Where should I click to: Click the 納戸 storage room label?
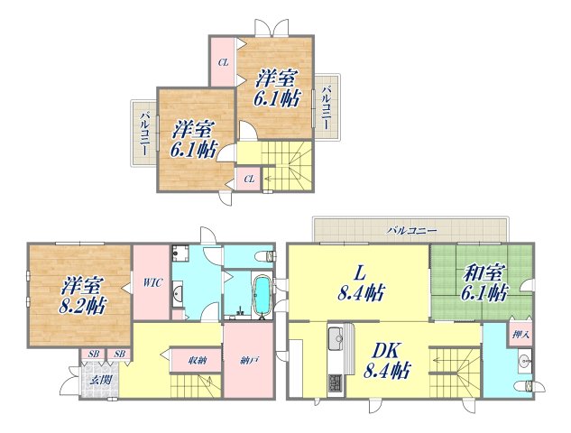pos(249,361)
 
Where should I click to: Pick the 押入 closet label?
pos(520,334)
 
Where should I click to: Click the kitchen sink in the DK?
pos(336,338)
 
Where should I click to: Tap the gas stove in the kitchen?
pos(336,383)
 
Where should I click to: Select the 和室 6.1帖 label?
pos(484,282)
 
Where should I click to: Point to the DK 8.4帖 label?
pos(387,361)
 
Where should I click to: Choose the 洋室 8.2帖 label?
pos(82,295)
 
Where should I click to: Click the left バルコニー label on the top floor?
pos(145,134)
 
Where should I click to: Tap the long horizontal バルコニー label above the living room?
pos(411,230)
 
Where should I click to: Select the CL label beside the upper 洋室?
pos(223,62)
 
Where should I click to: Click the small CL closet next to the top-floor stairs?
pos(249,180)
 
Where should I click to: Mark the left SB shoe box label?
pos(94,354)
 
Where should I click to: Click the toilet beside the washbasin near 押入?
pos(523,386)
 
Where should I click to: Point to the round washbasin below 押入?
pos(524,362)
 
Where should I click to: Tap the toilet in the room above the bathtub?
pos(264,256)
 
